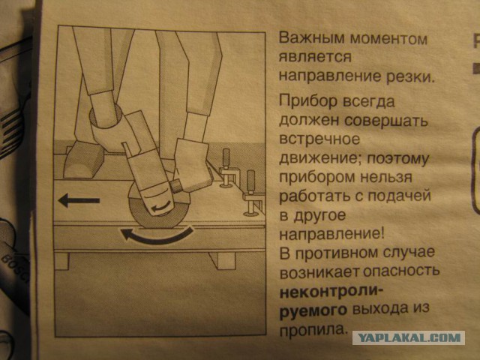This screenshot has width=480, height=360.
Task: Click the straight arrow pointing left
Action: coord(81,200)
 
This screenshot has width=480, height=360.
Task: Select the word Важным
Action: coord(305,38)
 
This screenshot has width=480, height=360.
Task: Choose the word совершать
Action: coord(382,120)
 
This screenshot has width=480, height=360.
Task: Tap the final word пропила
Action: coord(312,328)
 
